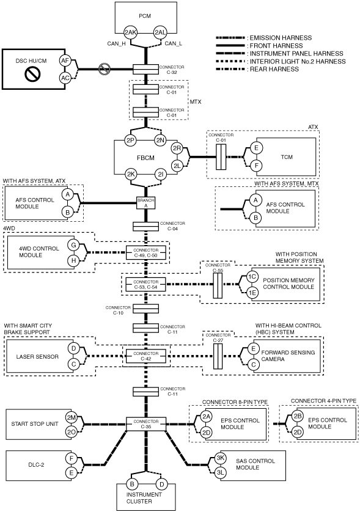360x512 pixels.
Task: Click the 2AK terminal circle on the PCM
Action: [130, 32]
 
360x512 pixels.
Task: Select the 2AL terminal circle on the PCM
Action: [160, 32]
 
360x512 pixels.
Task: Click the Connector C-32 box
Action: [145, 69]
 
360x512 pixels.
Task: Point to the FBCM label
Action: [145, 158]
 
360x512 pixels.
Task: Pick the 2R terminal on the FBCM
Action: [177, 148]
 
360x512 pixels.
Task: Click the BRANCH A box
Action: [145, 203]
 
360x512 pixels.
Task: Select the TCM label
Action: [287, 157]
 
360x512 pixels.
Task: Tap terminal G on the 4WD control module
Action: [73, 245]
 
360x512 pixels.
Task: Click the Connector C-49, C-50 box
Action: [145, 252]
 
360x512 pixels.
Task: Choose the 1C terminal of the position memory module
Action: [252, 277]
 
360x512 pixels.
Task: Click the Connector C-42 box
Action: [145, 356]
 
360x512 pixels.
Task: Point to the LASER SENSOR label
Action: [37, 357]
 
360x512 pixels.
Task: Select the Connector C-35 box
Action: [145, 424]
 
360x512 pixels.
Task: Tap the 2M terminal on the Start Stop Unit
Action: [72, 417]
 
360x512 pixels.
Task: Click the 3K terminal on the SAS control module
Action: [221, 458]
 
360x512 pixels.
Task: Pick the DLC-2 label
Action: [36, 465]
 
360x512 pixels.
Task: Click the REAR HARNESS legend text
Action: [274, 69]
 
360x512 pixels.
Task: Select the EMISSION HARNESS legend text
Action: [281, 38]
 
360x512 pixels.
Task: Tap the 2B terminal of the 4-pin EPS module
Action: [297, 416]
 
